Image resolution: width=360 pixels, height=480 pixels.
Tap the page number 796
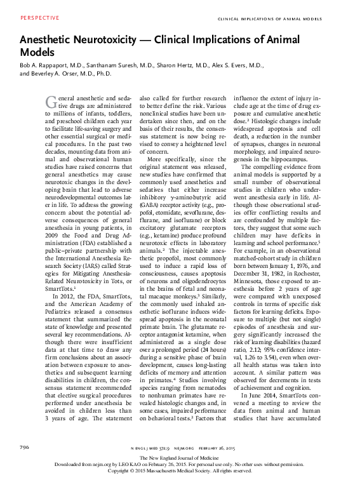[x=25, y=447]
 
